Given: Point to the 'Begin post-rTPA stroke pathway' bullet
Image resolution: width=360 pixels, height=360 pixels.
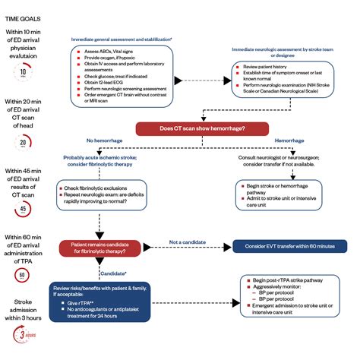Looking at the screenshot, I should tap(286, 281).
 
